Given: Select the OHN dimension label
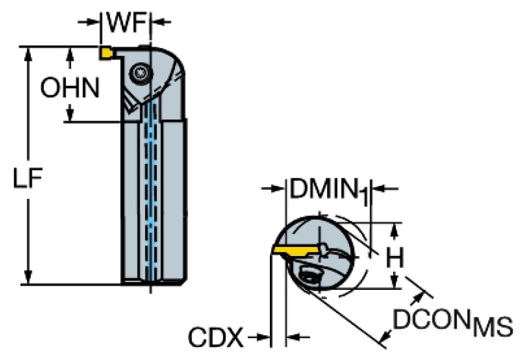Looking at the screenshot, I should (70, 87).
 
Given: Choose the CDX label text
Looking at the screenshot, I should (215, 338).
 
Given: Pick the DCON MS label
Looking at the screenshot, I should (452, 323).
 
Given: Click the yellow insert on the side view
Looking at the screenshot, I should (107, 52).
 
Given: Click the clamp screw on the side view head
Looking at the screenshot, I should (140, 72).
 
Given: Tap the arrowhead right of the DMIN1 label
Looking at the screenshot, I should (378, 188).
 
